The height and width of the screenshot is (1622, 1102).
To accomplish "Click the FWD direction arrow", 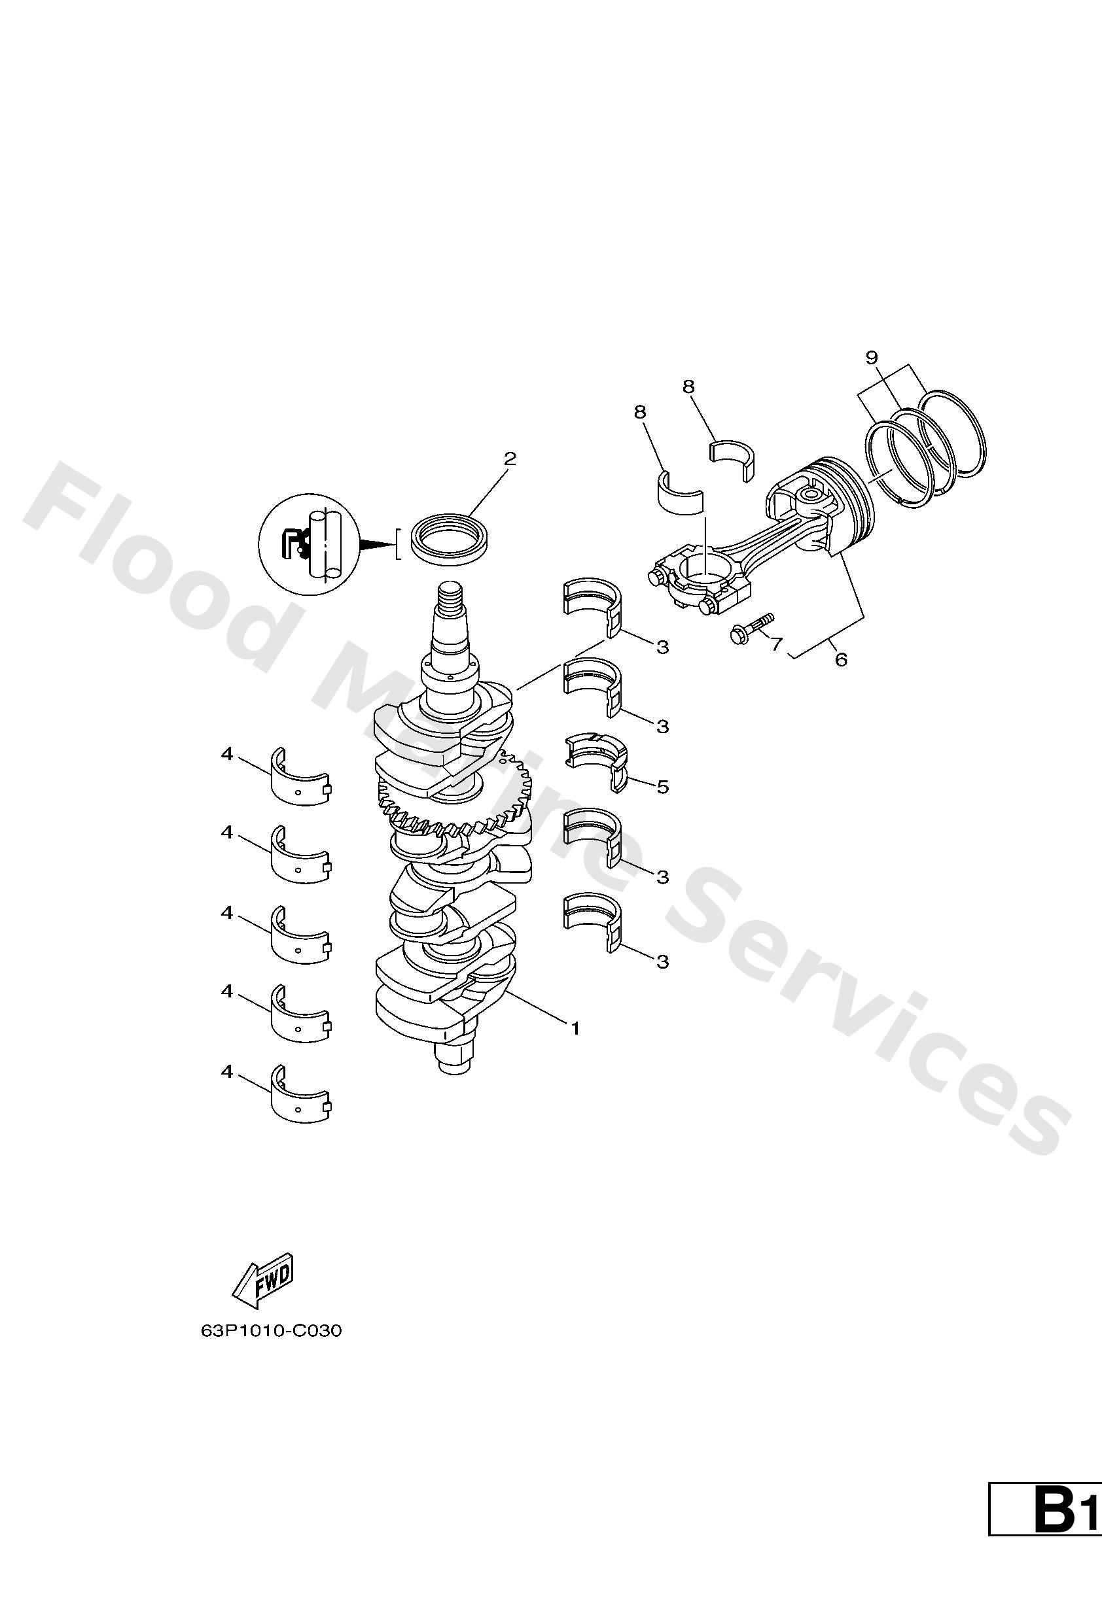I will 262,1283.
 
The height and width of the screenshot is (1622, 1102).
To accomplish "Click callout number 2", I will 510,458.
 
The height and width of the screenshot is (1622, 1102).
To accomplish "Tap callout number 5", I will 663,787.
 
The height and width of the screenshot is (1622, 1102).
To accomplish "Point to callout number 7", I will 777,644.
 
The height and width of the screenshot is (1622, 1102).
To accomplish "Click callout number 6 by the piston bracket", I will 841,659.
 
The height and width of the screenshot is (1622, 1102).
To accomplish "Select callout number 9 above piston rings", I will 871,357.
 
